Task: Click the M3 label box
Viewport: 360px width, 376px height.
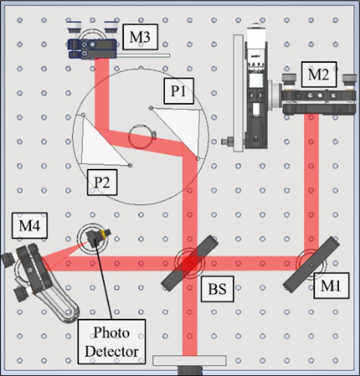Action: pyautogui.click(x=139, y=37)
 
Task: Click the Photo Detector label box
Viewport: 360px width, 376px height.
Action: pyautogui.click(x=112, y=341)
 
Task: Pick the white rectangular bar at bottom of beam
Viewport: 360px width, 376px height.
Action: pyautogui.click(x=189, y=360)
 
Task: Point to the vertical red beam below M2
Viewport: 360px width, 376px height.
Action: pyautogui.click(x=311, y=180)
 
